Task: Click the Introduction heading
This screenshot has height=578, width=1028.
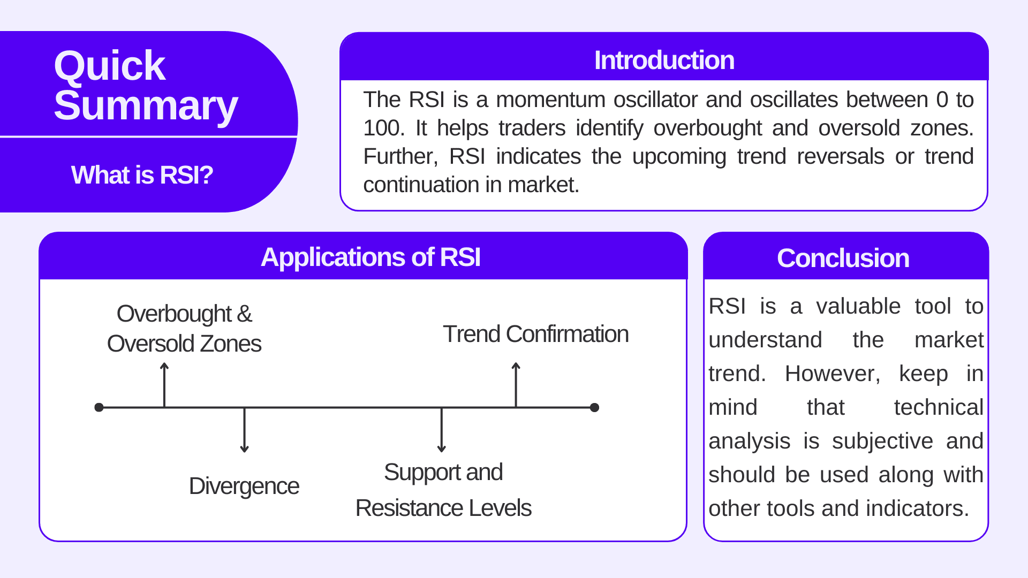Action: point(664,60)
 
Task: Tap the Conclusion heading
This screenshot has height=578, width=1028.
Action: point(843,258)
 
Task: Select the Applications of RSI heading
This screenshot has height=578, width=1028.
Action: point(371,257)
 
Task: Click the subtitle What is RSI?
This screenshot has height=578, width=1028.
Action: point(142,175)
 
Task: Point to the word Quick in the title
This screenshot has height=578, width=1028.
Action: point(110,66)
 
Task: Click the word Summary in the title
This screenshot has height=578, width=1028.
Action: point(146,105)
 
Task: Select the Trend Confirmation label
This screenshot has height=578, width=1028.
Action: point(535,334)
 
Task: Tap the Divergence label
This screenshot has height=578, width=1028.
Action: point(244,486)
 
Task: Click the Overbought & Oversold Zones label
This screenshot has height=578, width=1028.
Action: point(184,329)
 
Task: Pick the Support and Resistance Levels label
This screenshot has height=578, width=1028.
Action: point(443,490)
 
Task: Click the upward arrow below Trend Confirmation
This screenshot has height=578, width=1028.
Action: point(516,384)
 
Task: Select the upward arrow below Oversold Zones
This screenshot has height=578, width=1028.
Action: point(164,384)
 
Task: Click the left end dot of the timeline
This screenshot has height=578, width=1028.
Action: point(99,407)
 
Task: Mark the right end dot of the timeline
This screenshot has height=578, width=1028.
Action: point(594,407)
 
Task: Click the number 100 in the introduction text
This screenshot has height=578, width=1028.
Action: point(381,128)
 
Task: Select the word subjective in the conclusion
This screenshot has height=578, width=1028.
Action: point(882,441)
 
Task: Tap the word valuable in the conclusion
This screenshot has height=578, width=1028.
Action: point(858,306)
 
